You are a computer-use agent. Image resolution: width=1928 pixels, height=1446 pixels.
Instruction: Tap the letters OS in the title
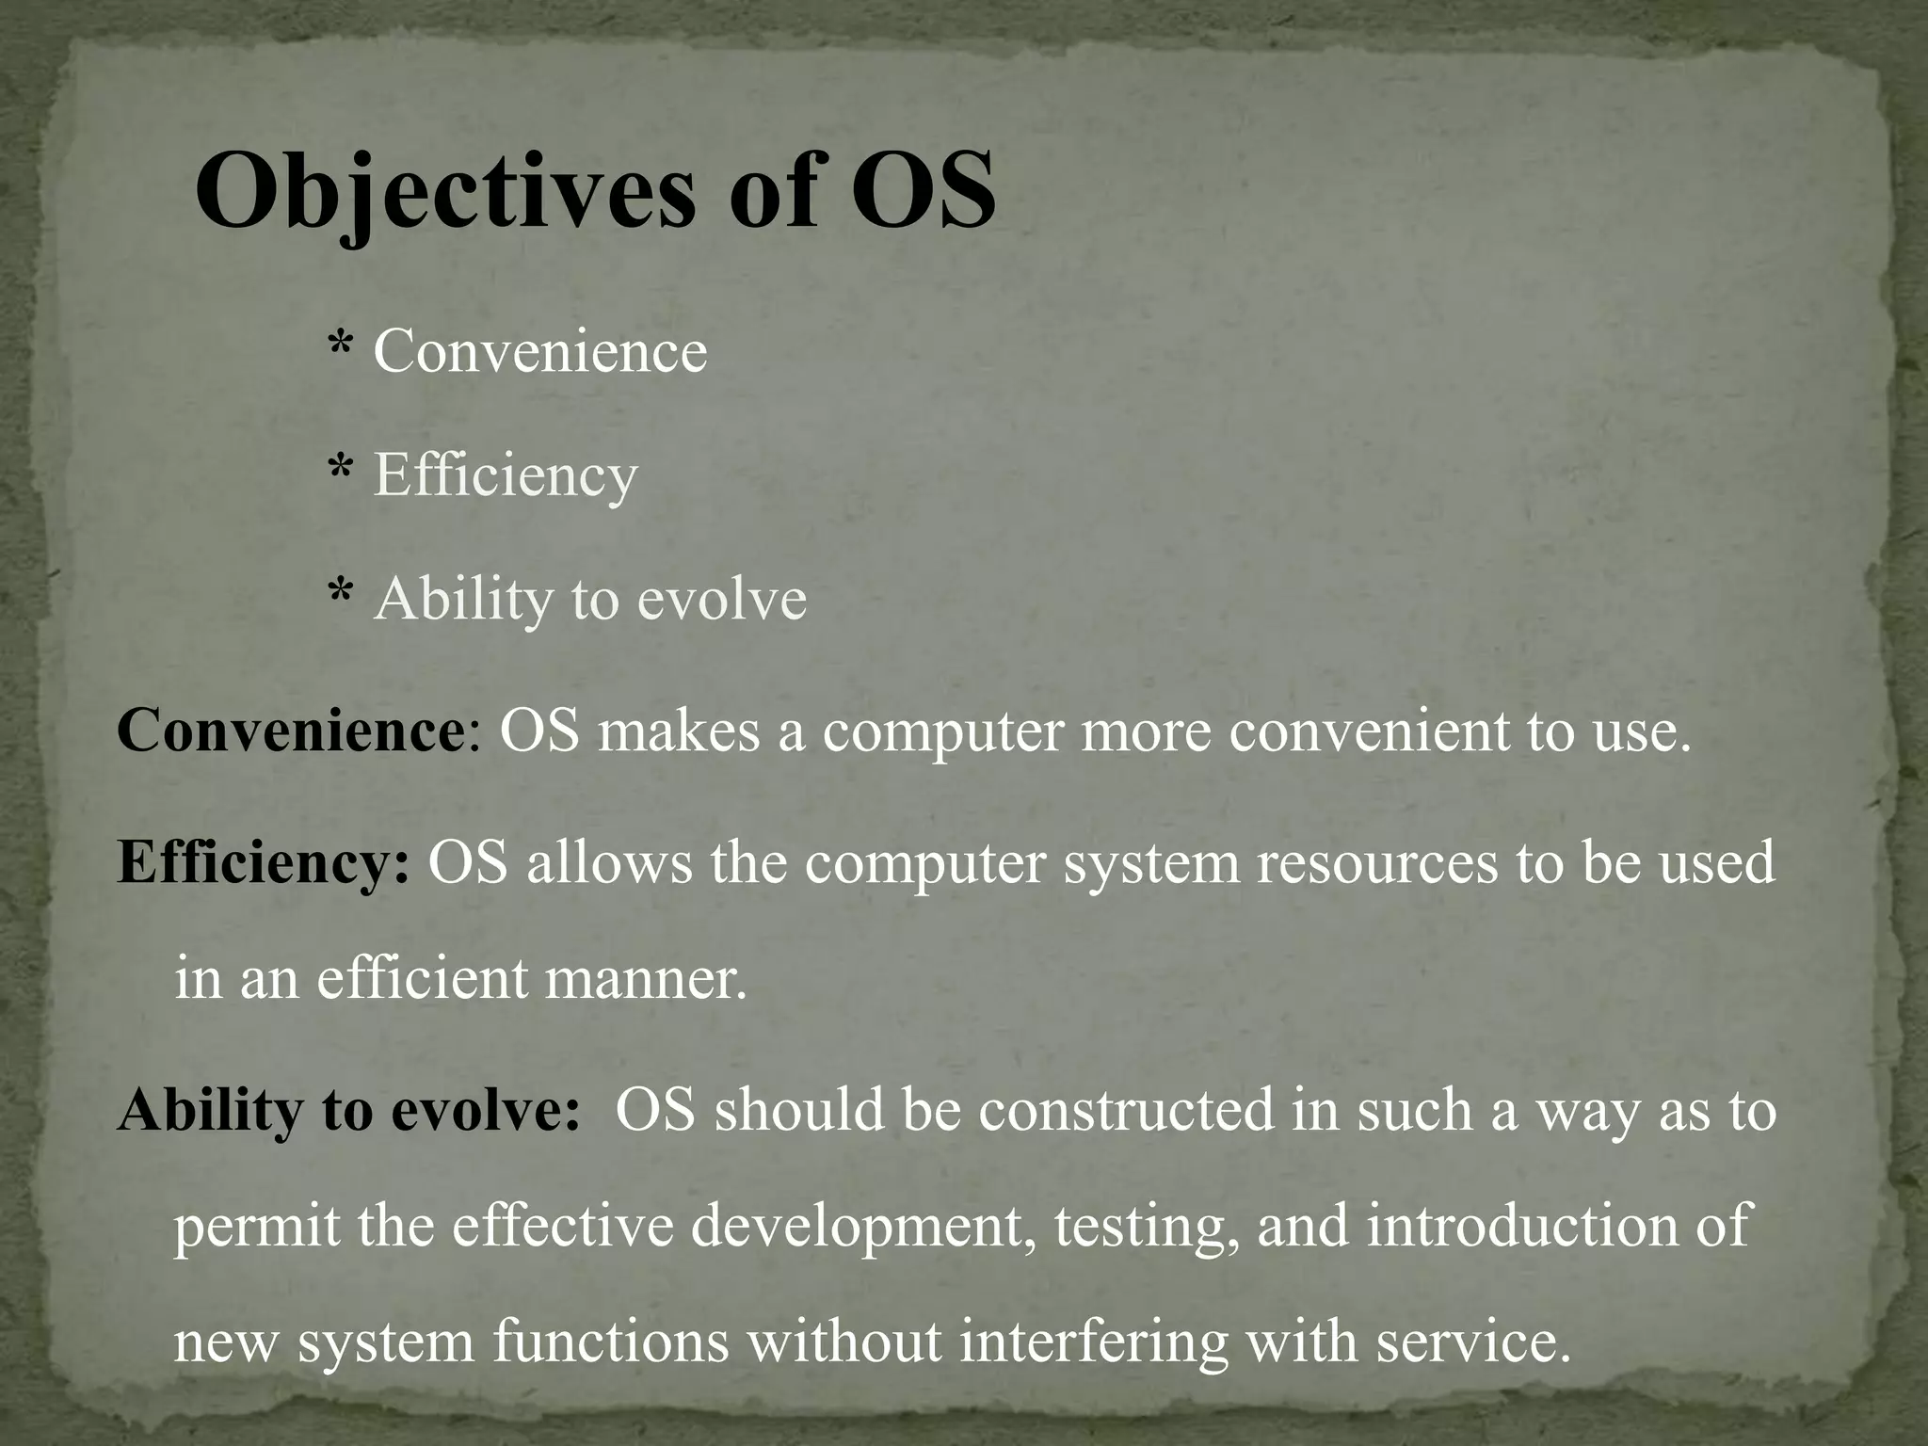923,190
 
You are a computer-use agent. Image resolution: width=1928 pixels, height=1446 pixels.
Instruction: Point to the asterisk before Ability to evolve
340,594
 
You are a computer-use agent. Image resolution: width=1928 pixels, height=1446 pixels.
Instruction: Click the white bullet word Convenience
540,351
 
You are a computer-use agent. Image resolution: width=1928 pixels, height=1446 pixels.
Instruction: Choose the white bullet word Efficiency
506,475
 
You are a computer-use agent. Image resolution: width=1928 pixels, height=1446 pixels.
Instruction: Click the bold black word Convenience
290,731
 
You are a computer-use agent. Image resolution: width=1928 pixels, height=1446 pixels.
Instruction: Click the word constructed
1125,1109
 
